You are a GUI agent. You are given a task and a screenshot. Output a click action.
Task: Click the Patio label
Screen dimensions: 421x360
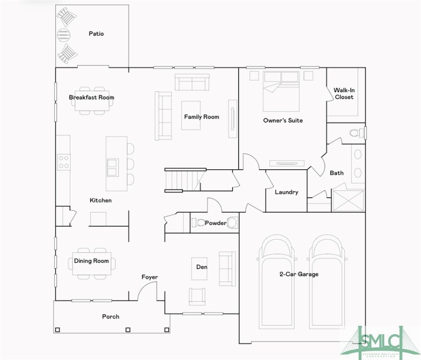point(96,34)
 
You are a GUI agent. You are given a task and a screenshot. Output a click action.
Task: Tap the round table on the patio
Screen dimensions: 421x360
point(64,35)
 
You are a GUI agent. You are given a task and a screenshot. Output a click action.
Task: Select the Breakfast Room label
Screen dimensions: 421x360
point(92,97)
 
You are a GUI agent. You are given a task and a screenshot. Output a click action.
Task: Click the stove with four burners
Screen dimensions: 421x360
point(64,162)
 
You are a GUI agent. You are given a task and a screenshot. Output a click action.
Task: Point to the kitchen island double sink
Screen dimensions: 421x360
point(112,168)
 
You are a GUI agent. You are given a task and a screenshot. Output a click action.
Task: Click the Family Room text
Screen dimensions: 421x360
point(202,117)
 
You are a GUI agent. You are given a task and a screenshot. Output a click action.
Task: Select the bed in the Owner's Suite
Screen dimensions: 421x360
point(281,91)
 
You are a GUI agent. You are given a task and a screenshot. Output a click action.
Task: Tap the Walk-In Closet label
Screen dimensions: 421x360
point(344,93)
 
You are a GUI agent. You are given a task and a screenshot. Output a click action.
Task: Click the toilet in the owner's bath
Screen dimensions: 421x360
point(357,133)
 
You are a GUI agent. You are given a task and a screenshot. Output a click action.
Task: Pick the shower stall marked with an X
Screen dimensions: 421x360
point(348,201)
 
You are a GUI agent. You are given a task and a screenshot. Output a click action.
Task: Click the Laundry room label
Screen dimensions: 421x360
point(287,192)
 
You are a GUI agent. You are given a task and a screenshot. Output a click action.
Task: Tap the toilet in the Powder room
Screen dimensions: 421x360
point(198,223)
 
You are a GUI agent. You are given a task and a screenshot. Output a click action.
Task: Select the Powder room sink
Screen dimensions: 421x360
point(232,223)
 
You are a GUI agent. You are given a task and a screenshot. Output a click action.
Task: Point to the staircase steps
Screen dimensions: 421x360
point(183,180)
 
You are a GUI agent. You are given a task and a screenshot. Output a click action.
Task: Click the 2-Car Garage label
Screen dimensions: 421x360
point(299,274)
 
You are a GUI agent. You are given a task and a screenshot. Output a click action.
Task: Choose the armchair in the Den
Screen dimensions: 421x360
point(197,296)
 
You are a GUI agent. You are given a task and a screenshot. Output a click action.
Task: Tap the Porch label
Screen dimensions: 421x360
point(111,317)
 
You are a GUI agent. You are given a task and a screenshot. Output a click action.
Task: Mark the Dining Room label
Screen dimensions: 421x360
point(91,261)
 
